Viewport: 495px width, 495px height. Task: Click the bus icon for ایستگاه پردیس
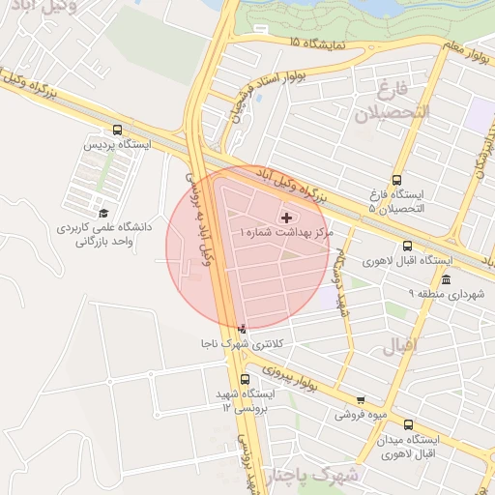118,129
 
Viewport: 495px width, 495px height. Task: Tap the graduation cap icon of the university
103,214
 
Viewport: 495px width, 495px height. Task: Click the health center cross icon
285,218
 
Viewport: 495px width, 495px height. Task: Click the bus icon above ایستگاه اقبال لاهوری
407,246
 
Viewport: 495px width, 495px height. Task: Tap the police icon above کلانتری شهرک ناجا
242,329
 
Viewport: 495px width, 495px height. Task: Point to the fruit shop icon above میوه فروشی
361,399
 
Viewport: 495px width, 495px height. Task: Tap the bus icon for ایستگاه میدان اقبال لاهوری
407,424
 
